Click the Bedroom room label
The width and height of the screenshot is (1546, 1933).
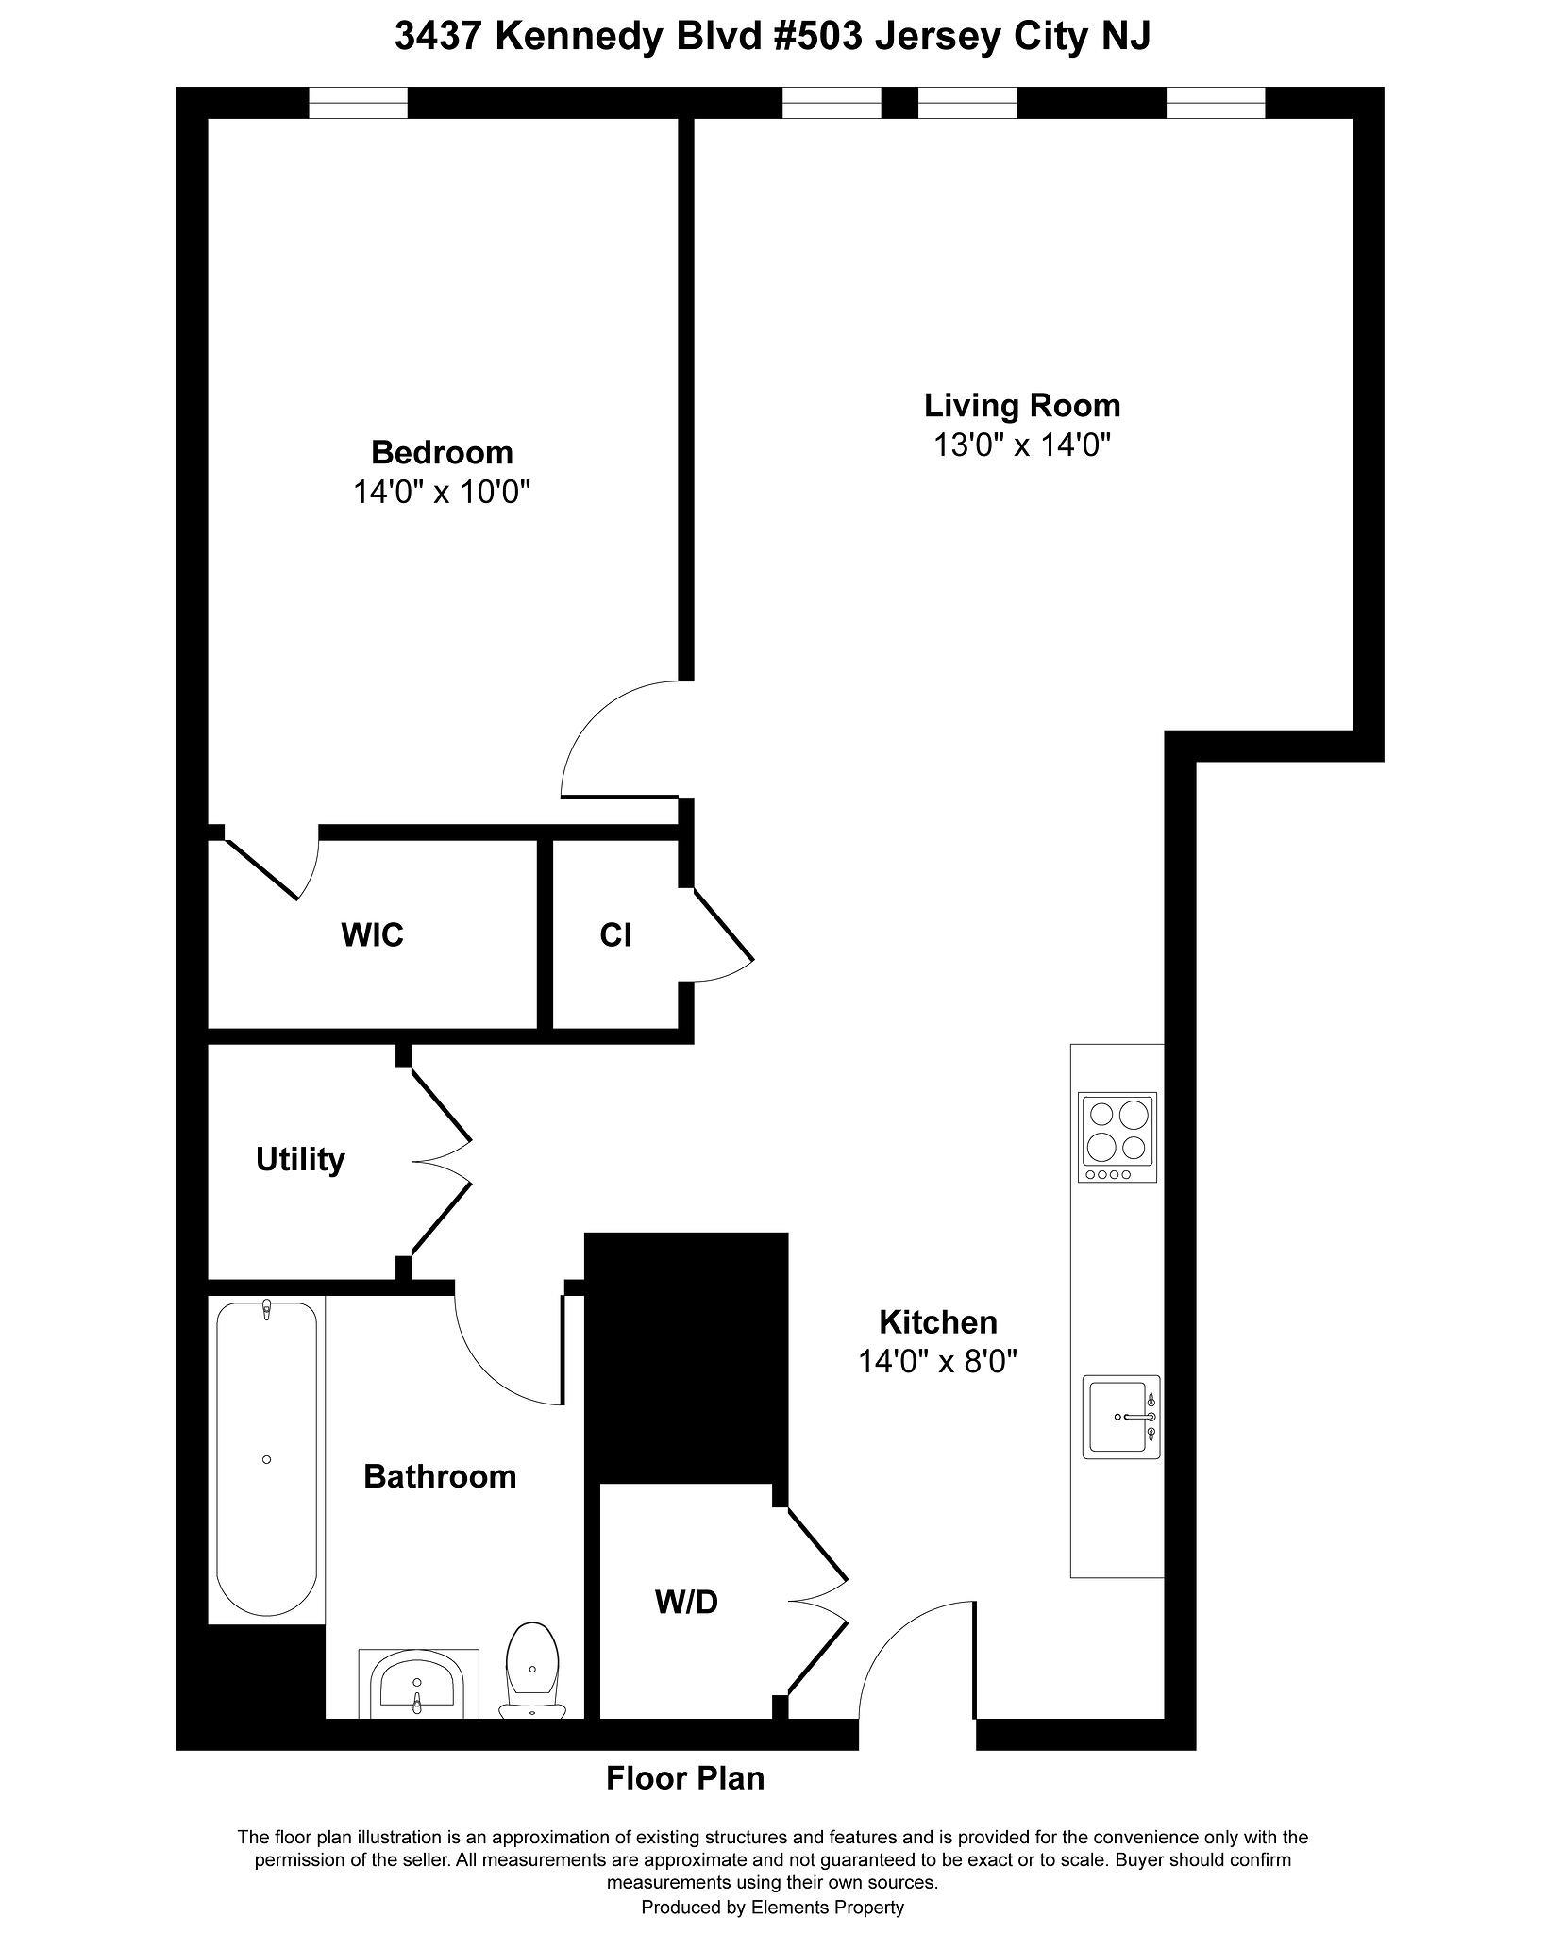pyautogui.click(x=442, y=452)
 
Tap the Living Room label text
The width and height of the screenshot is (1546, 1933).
pyautogui.click(x=1022, y=406)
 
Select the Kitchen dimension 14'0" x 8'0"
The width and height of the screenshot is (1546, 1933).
pyautogui.click(x=938, y=1360)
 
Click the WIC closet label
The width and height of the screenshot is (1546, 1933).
pyautogui.click(x=372, y=935)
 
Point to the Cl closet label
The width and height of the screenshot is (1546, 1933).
pyautogui.click(x=615, y=935)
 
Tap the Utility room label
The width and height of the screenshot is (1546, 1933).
pyautogui.click(x=300, y=1159)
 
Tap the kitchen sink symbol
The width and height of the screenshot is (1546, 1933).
pyautogui.click(x=1121, y=1417)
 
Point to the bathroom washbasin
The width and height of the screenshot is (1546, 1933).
pyautogui.click(x=418, y=1685)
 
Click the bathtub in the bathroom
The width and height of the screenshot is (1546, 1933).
pyautogui.click(x=266, y=1461)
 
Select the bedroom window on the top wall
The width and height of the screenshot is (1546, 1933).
pyautogui.click(x=359, y=103)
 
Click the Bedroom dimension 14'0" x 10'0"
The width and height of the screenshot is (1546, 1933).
pyautogui.click(x=442, y=492)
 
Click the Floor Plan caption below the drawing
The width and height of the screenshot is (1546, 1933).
pyautogui.click(x=685, y=1778)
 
